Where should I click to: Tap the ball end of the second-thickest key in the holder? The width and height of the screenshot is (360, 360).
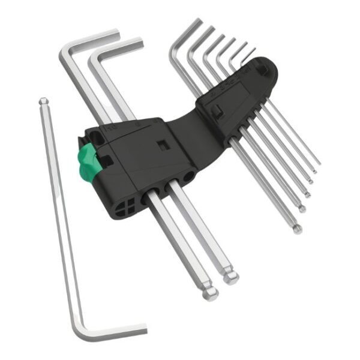(x=230, y=277)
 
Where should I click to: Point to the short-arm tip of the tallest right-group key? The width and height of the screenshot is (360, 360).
(x=197, y=22)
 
